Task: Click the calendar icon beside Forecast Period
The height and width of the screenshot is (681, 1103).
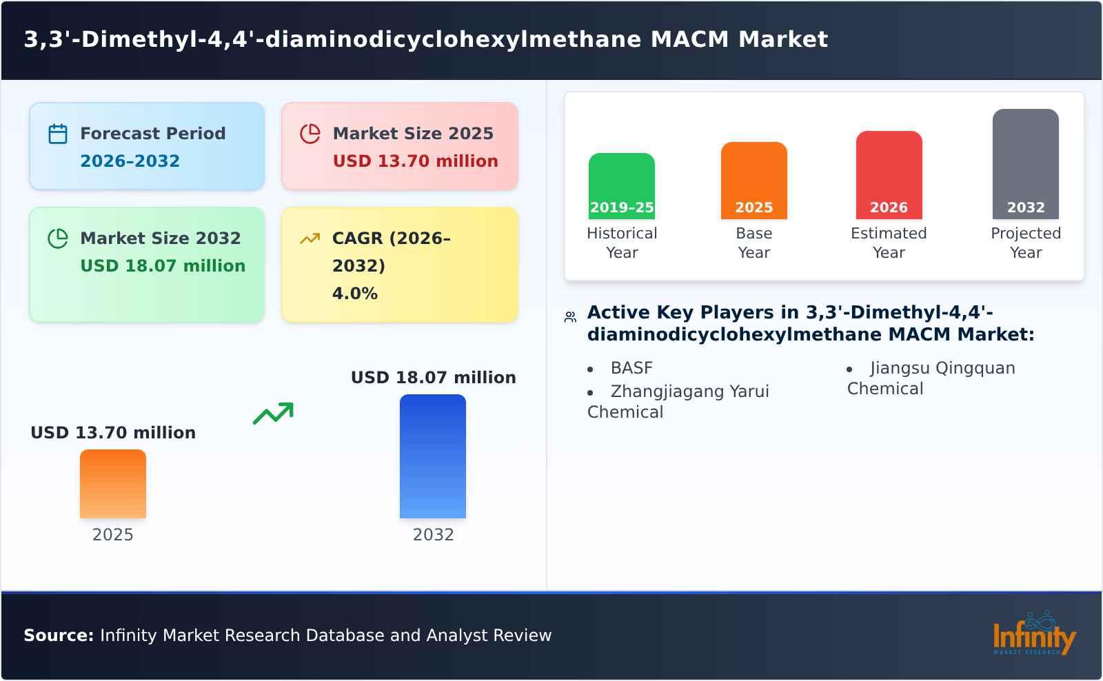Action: point(58,134)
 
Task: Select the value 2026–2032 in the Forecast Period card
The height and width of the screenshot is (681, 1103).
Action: point(130,161)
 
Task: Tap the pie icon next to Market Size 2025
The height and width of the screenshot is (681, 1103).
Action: point(310,134)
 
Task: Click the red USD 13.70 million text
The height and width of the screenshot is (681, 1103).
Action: point(415,161)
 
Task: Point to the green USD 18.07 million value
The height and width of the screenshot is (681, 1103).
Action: point(163,266)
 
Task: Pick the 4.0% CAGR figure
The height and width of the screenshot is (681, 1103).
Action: point(354,294)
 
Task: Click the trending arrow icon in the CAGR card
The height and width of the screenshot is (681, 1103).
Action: point(310,238)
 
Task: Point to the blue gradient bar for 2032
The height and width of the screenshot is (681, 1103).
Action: point(433,456)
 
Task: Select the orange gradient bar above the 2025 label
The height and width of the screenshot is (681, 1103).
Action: point(113,484)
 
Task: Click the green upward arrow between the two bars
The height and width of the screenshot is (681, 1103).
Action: point(273,414)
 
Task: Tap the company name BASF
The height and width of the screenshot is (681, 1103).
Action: point(631,368)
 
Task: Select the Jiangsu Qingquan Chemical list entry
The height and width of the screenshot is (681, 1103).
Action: point(931,378)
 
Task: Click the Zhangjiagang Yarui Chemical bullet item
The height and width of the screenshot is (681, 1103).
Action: point(678,401)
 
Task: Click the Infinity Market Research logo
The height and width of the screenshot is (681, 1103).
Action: point(1033,634)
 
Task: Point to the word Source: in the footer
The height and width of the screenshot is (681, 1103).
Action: point(59,636)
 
